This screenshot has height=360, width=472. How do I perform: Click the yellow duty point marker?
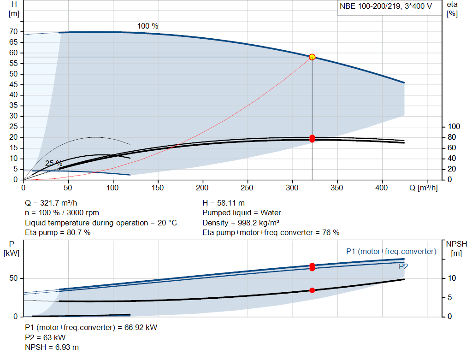[312, 57]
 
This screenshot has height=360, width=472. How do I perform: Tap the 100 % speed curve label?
[148, 26]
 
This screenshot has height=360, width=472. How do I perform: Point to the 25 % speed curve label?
[54, 164]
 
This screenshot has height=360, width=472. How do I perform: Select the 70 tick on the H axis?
[13, 32]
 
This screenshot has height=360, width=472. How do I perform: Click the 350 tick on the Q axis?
[337, 188]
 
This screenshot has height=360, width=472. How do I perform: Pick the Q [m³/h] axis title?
[424, 188]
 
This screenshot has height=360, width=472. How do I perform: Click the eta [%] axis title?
[452, 9]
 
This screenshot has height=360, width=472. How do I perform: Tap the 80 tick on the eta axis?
[452, 137]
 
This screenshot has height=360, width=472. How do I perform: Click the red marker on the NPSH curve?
[312, 290]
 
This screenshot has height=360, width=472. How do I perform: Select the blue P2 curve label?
[403, 267]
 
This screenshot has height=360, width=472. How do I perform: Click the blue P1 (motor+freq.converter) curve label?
[391, 252]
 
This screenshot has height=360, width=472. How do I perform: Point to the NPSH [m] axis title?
[456, 248]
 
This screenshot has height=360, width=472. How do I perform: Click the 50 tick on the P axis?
[13, 278]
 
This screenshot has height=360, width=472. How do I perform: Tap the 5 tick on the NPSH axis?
[450, 297]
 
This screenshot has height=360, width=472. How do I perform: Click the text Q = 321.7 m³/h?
[51, 203]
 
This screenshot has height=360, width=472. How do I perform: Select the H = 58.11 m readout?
[224, 203]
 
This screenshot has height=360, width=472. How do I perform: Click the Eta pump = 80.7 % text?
[58, 233]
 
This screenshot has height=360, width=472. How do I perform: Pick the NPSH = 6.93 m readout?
[52, 348]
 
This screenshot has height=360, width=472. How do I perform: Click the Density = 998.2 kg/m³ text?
[241, 223]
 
